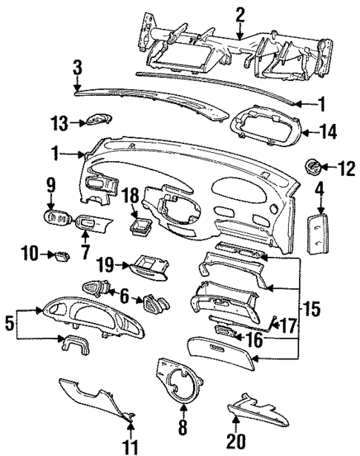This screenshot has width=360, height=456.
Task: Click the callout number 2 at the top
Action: click(x=240, y=13)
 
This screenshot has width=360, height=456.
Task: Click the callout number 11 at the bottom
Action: click(x=132, y=445)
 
